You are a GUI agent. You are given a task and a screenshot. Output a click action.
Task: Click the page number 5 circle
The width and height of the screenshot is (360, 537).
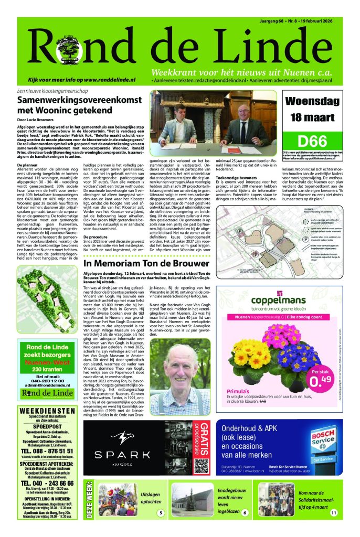(161, 512)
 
